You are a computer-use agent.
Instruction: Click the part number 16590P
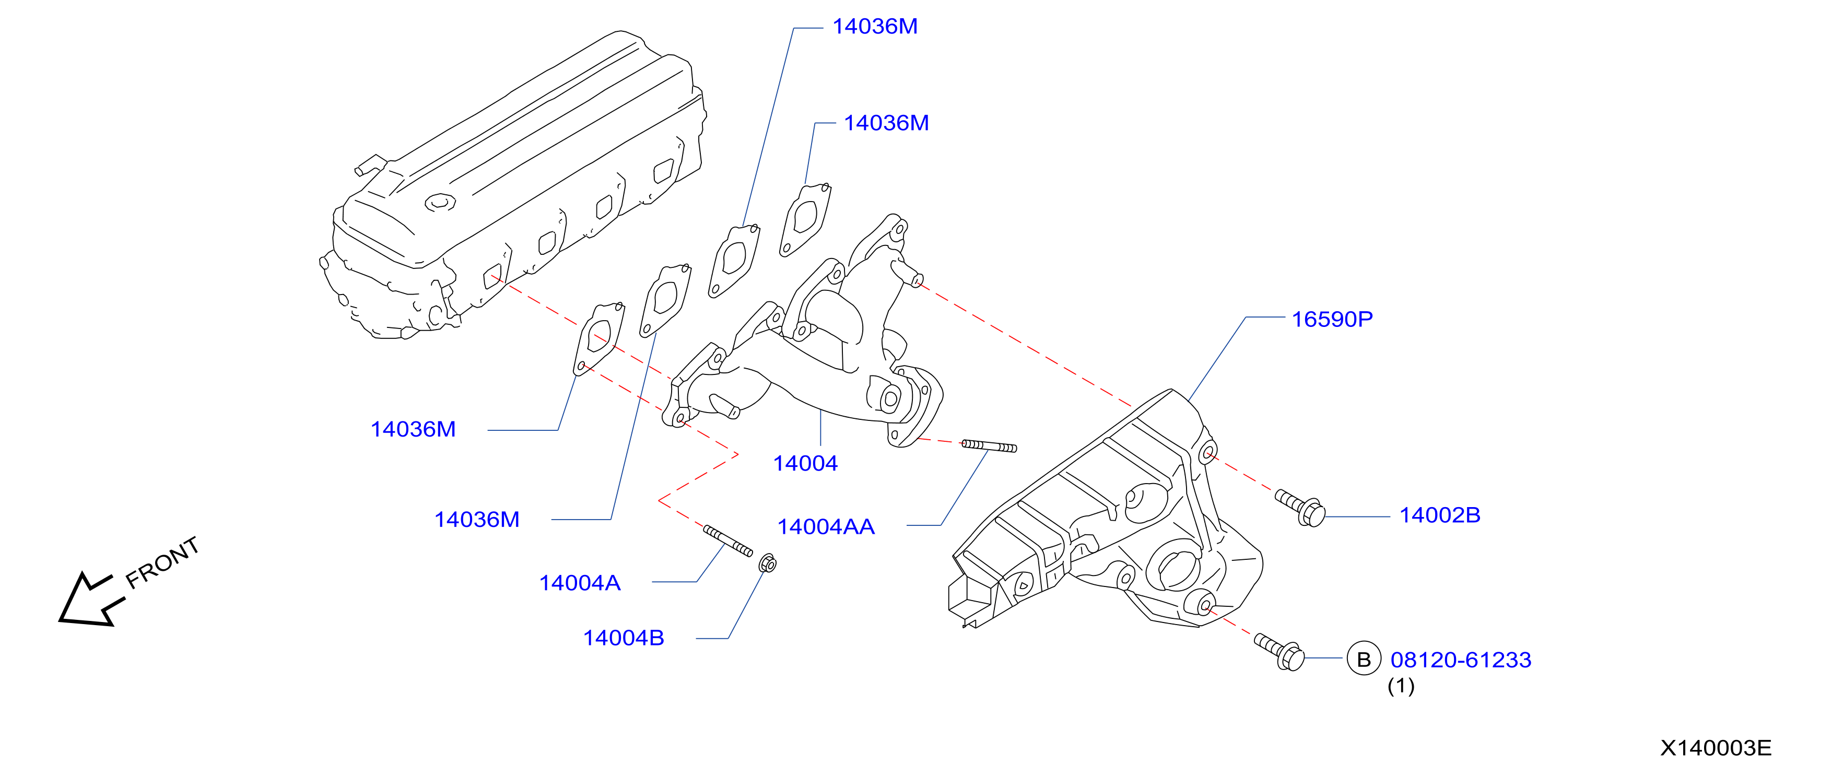[1332, 319]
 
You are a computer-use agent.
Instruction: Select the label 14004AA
[826, 527]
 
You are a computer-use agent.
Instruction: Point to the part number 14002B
[1439, 515]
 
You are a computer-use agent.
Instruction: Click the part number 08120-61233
[1460, 660]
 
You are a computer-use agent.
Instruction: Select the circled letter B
[1364, 659]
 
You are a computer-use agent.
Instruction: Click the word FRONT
[162, 562]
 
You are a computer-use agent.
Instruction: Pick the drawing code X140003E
[1716, 748]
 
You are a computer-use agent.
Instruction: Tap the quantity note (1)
[1401, 686]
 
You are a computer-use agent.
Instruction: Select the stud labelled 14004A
[727, 541]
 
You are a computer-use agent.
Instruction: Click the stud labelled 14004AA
[989, 447]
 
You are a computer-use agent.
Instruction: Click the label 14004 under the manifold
[805, 464]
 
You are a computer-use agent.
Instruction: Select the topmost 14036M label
[874, 27]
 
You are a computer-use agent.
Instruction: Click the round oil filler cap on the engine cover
[440, 203]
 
